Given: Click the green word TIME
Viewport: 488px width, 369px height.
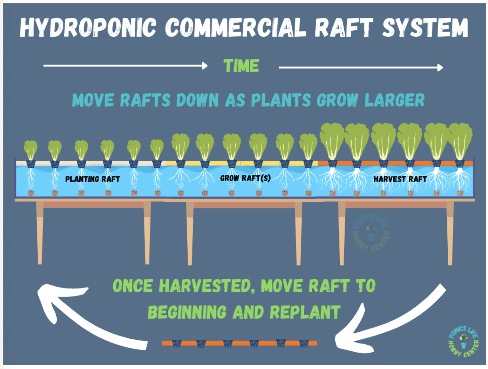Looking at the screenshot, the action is point(241,66).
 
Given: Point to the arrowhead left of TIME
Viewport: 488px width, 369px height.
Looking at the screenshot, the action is point(205,66).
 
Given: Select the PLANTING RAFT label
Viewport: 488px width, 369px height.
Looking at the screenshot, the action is point(92,179).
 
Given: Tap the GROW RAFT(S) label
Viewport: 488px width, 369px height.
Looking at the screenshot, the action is point(245,178).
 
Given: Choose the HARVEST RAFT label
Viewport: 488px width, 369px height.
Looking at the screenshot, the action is point(400,179).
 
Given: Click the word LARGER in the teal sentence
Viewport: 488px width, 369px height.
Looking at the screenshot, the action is point(395,100).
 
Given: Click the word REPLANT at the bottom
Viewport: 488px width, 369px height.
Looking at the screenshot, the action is point(305,312).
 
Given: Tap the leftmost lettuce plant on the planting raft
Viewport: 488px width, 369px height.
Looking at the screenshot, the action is point(31,150).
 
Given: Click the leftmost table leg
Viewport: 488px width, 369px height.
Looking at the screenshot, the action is point(40,233).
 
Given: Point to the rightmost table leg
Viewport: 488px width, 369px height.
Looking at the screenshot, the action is point(450,233).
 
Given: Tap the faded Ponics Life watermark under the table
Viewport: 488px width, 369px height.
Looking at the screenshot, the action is point(371,232).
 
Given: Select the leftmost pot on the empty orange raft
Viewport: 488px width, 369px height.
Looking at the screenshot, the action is point(177,343).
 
